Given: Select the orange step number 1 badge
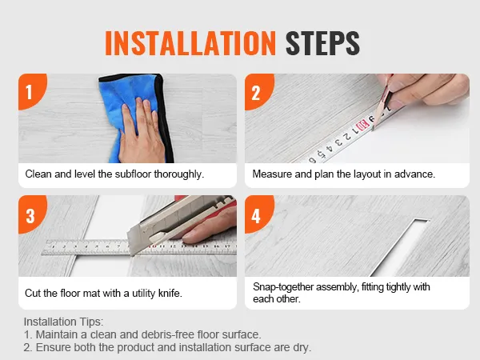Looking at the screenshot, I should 30,91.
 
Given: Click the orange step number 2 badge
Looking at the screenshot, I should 256,91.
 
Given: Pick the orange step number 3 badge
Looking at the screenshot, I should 30,214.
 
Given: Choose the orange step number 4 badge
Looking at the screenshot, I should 256,214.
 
